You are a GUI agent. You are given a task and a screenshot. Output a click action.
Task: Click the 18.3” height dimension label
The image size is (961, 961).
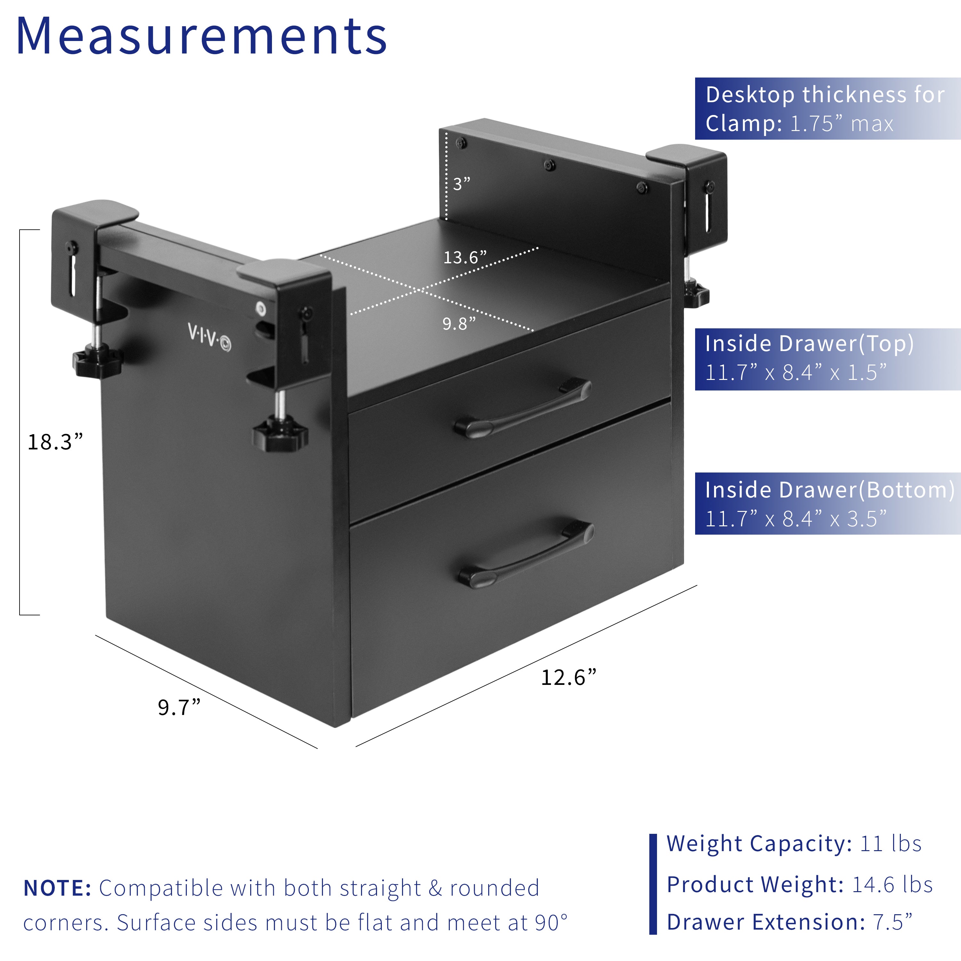(55, 442)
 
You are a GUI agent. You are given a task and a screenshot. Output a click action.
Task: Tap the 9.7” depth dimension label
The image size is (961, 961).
(179, 707)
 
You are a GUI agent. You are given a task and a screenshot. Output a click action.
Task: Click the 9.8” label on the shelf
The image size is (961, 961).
(459, 324)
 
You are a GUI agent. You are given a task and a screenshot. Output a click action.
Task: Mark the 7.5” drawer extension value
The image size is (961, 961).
(893, 922)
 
